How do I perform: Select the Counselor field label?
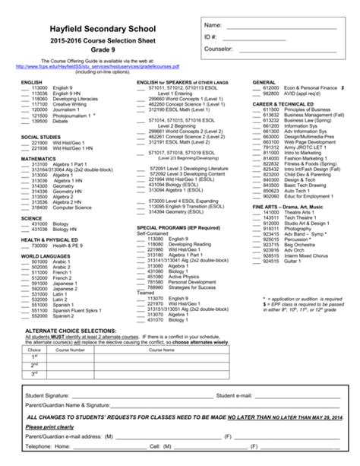coord(220,49)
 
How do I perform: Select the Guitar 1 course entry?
coord(292,271)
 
